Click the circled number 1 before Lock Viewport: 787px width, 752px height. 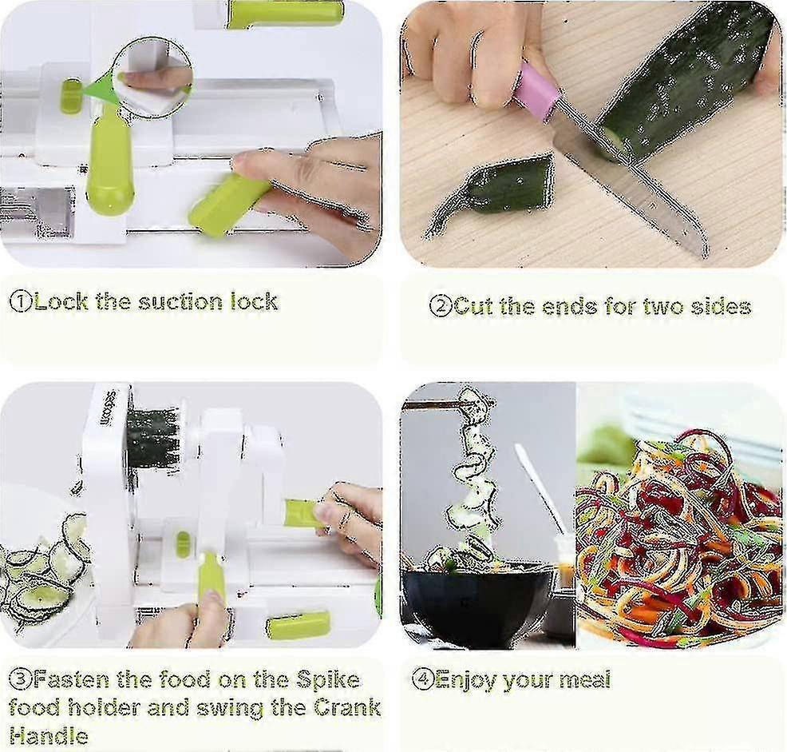coord(21,301)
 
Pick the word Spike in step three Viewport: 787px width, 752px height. coord(328,680)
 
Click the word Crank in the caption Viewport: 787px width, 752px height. coord(347,708)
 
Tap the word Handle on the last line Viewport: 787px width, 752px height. coord(49,736)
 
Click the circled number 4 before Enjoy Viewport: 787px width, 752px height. coord(423,679)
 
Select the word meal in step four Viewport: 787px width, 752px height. coord(585,679)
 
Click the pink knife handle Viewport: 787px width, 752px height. coord(538,89)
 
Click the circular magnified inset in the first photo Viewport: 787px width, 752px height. coord(152,76)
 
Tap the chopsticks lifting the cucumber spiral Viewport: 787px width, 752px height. coord(437,404)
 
